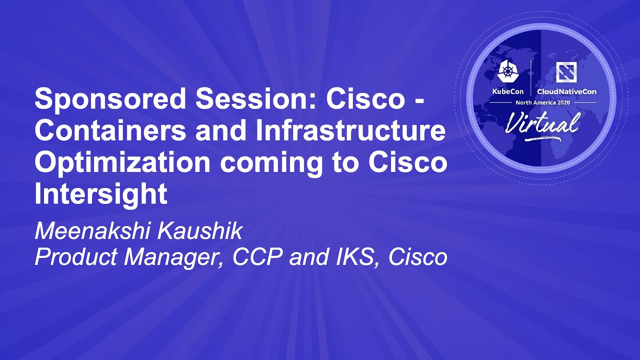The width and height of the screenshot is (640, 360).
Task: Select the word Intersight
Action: point(100,194)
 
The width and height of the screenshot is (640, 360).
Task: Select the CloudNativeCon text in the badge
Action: point(566,92)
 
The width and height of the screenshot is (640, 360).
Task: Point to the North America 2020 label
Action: point(542,102)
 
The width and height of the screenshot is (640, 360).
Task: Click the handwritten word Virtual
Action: point(542,122)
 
